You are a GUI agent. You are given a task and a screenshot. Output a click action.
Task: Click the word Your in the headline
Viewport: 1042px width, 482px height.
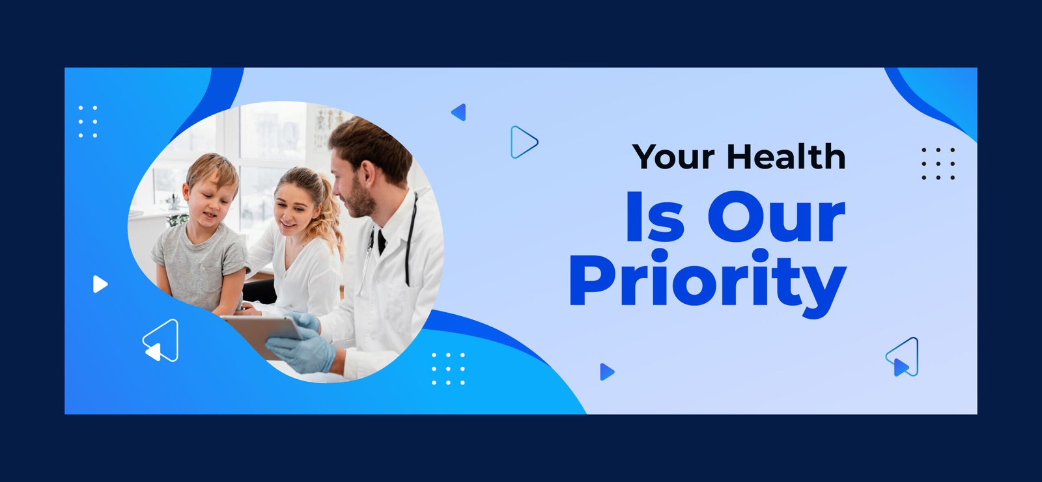tap(673, 157)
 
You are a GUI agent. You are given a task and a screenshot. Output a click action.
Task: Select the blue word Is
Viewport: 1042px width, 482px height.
tap(655, 217)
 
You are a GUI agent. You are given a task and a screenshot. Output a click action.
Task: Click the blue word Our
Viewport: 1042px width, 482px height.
tap(776, 217)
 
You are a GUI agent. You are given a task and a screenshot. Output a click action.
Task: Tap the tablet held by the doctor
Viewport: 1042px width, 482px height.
tap(261, 334)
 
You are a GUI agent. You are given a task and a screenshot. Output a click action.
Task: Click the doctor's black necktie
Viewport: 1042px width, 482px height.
tap(382, 242)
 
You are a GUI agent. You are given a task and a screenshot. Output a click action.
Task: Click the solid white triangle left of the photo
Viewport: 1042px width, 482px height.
tap(100, 284)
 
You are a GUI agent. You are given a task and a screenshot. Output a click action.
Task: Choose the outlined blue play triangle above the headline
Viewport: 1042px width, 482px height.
tap(524, 142)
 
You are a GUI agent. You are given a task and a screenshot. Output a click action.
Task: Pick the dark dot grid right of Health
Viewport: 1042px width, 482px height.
tap(938, 164)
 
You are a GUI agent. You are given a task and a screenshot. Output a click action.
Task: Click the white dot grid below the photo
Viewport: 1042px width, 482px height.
tap(449, 369)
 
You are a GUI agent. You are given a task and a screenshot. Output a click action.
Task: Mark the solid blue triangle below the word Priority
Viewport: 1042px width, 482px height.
tap(607, 372)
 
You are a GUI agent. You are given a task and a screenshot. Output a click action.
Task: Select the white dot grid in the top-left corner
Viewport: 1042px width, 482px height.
tap(88, 122)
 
